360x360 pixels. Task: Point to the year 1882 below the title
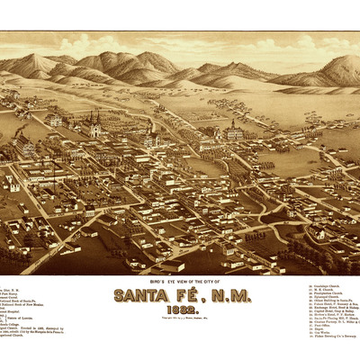pos(180,312)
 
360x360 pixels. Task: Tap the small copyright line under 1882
pos(180,320)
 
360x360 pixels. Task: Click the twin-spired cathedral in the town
pos(94,126)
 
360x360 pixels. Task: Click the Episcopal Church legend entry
pos(320,296)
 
